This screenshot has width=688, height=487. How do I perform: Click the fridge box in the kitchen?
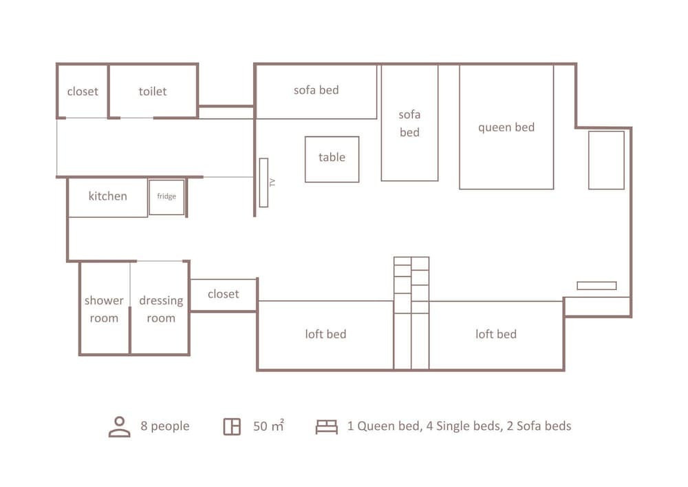[166, 197]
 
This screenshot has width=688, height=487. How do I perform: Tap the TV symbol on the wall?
[264, 183]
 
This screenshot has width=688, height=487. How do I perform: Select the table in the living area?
[332, 159]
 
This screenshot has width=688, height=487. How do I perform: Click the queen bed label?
[506, 127]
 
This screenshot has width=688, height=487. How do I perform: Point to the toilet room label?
[153, 92]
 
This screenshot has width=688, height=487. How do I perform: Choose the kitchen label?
[108, 196]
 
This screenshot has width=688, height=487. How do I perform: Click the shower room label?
[104, 309]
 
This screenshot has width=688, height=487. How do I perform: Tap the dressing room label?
[161, 309]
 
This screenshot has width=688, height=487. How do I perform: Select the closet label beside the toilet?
[83, 92]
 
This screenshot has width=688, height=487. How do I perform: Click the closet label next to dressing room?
[224, 293]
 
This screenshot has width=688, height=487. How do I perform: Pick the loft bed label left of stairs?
[325, 334]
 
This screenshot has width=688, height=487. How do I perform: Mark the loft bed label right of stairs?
[496, 334]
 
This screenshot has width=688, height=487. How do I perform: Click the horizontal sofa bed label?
[316, 90]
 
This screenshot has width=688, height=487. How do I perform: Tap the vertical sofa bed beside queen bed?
[410, 123]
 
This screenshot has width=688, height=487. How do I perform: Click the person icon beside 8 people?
[119, 426]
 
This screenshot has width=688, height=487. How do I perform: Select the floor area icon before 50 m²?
[232, 426]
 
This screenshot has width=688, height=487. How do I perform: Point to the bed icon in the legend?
[327, 427]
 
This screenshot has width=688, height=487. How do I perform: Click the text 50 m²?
[268, 426]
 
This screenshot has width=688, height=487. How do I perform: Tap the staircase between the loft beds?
[411, 313]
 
